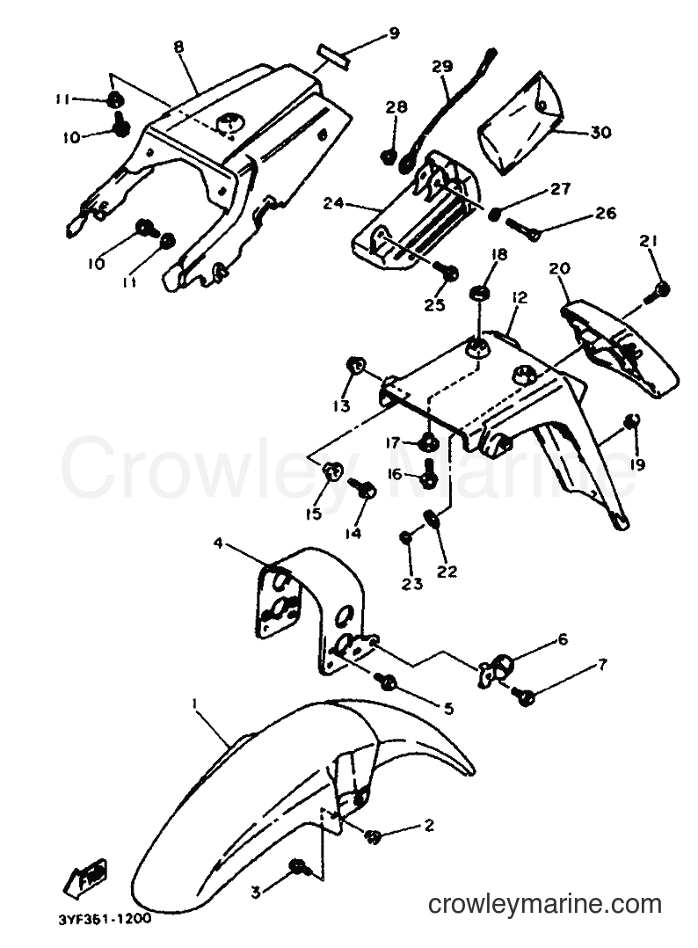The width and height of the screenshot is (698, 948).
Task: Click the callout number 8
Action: tap(178, 47)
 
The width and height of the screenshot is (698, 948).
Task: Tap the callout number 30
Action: tap(600, 132)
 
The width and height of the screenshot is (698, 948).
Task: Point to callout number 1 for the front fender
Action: tap(194, 704)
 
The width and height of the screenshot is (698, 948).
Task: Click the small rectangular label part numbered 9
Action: tap(331, 52)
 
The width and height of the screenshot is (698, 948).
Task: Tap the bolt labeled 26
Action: tap(520, 229)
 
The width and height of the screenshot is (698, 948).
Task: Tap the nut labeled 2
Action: tap(373, 837)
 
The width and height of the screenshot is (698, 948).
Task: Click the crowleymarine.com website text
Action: tap(544, 905)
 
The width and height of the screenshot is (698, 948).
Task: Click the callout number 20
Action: tap(560, 268)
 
